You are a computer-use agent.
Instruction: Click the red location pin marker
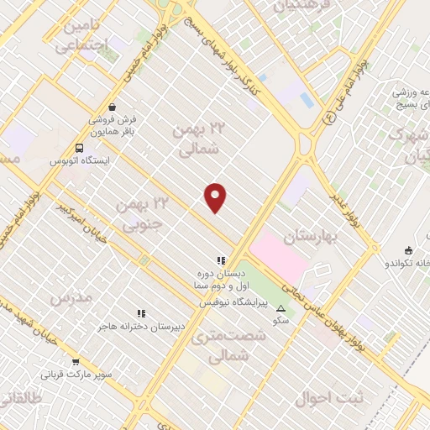216,197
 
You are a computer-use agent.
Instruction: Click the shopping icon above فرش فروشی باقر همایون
112,107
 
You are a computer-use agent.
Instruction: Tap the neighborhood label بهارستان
310,237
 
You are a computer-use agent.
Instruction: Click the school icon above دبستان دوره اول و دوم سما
221,261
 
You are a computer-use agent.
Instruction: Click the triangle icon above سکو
281,308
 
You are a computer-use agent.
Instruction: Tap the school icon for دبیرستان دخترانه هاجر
141,313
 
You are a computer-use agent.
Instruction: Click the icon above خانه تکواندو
408,249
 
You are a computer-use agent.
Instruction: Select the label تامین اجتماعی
86,37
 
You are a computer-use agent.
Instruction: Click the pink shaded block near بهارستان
280,257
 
